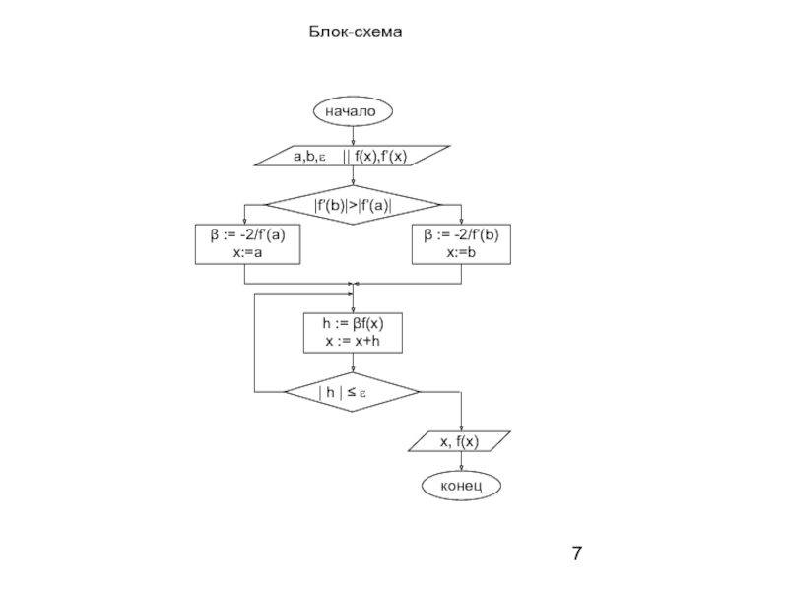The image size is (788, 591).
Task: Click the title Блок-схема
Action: click(359, 33)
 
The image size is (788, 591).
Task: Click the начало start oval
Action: click(352, 112)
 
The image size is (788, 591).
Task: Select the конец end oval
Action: click(460, 486)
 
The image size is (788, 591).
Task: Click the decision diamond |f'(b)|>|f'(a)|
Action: click(352, 205)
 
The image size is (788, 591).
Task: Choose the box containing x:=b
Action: click(460, 244)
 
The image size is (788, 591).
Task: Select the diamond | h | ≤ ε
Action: click(352, 392)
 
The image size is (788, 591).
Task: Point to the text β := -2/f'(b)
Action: click(460, 236)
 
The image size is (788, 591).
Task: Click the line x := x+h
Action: click(352, 341)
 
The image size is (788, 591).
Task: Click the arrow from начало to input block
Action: click(352, 136)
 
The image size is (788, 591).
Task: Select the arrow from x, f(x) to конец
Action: click(460, 463)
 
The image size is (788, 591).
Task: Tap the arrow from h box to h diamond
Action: click(352, 363)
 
